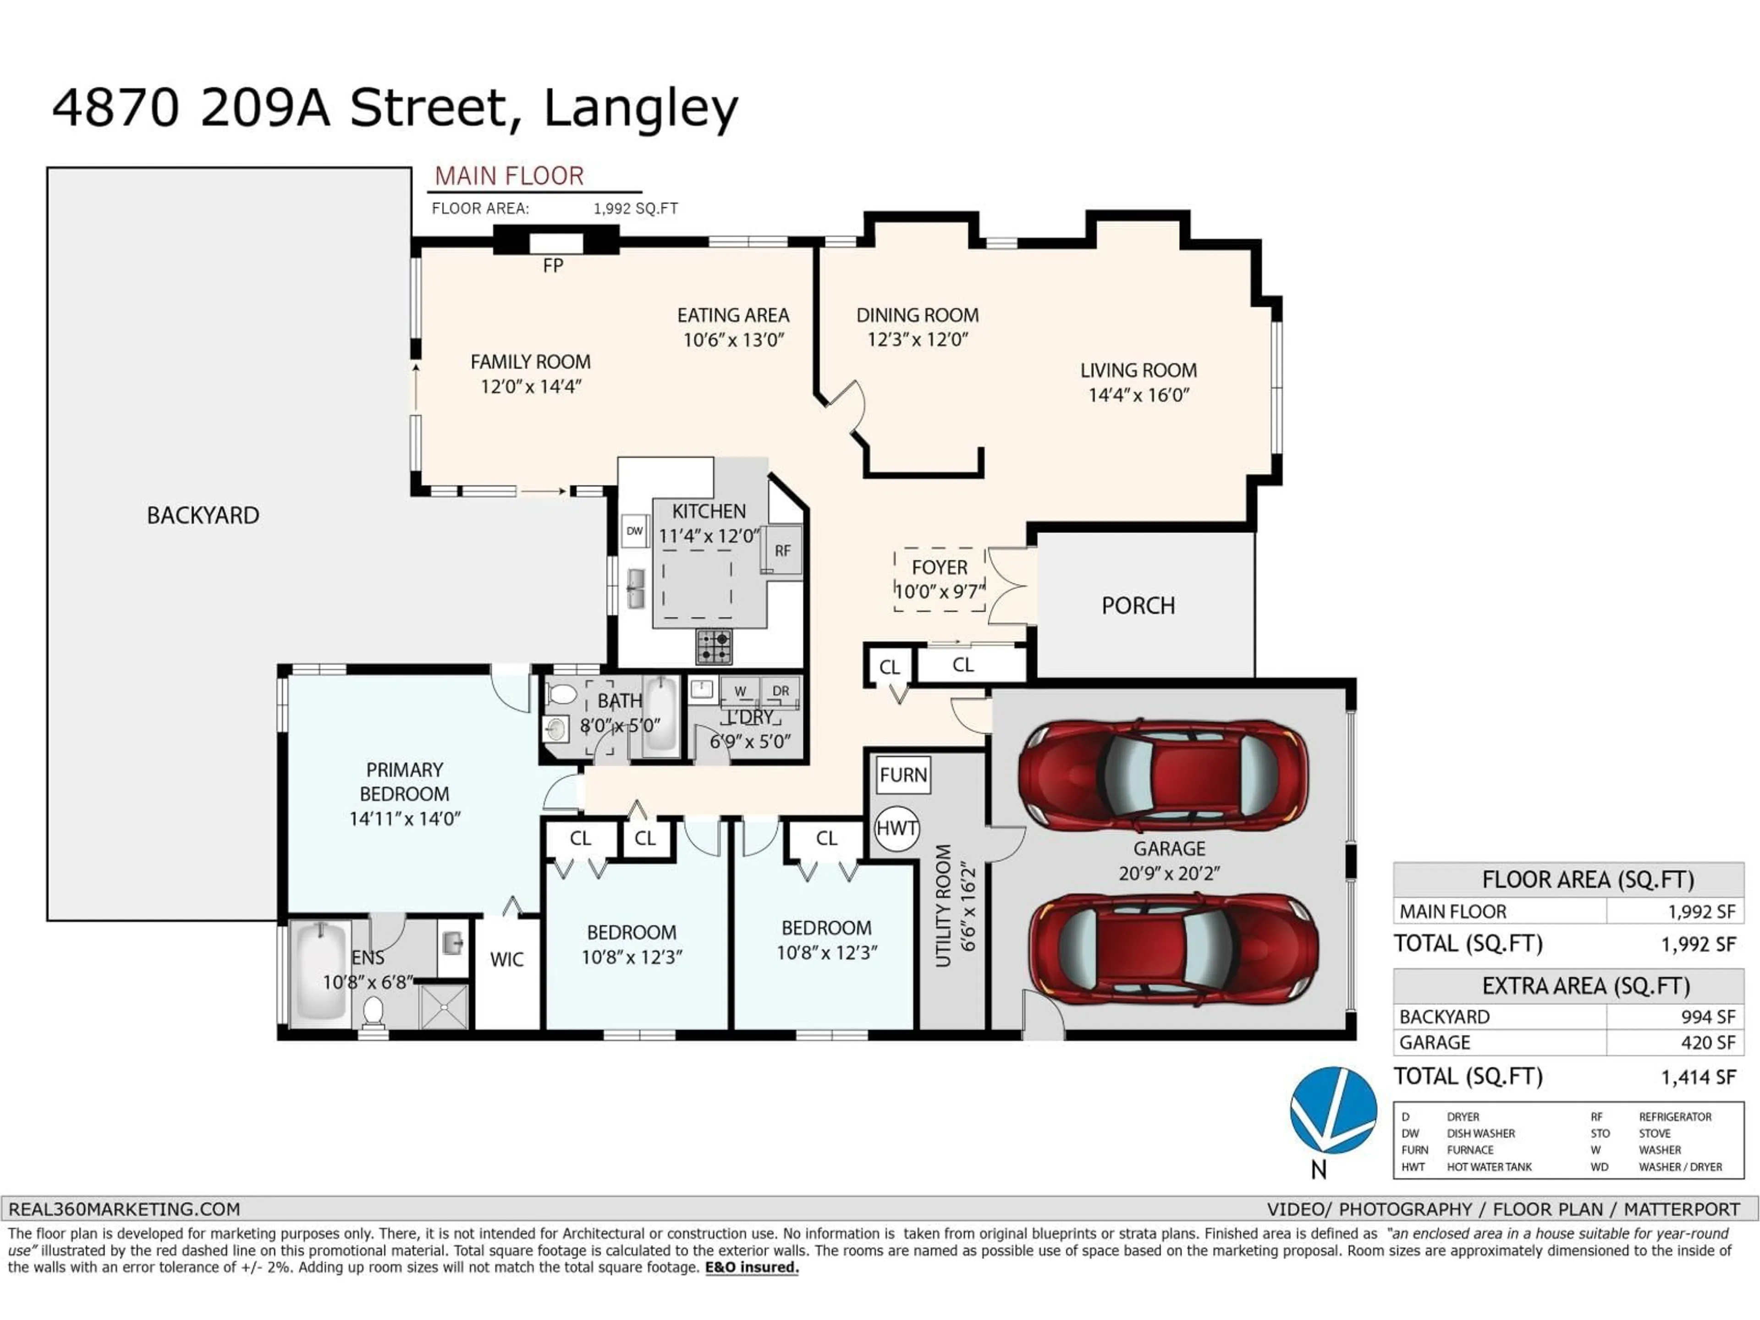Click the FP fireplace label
pyautogui.click(x=553, y=266)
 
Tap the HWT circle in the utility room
pyautogui.click(x=896, y=828)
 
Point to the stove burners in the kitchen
pyautogui.click(x=714, y=646)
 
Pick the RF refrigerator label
pyautogui.click(x=782, y=550)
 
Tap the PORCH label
pyautogui.click(x=1138, y=606)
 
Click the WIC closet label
pyautogui.click(x=507, y=960)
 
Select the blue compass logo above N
pyautogui.click(x=1333, y=1110)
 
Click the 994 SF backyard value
pyautogui.click(x=1708, y=1017)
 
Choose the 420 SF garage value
pyautogui.click(x=1708, y=1042)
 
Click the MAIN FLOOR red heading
pyautogui.click(x=509, y=176)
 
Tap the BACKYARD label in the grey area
pyautogui.click(x=203, y=516)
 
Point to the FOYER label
pyautogui.click(x=940, y=568)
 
